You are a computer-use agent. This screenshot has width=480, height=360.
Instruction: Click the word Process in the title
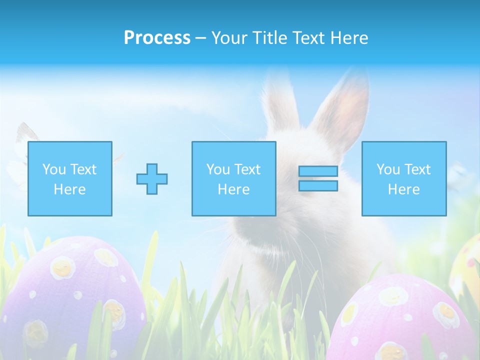157,38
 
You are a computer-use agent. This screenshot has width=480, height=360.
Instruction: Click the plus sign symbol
152,178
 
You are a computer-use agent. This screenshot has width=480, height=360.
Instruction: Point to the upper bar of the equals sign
318,171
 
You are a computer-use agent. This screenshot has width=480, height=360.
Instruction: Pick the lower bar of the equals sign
318,185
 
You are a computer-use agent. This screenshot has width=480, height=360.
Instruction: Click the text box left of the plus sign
70,178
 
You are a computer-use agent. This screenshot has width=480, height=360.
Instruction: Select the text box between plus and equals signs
233,178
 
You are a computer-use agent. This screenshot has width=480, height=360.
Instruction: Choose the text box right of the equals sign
404,178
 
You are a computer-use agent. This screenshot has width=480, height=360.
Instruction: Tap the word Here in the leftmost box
69,189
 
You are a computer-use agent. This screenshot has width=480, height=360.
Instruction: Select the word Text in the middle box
247,169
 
